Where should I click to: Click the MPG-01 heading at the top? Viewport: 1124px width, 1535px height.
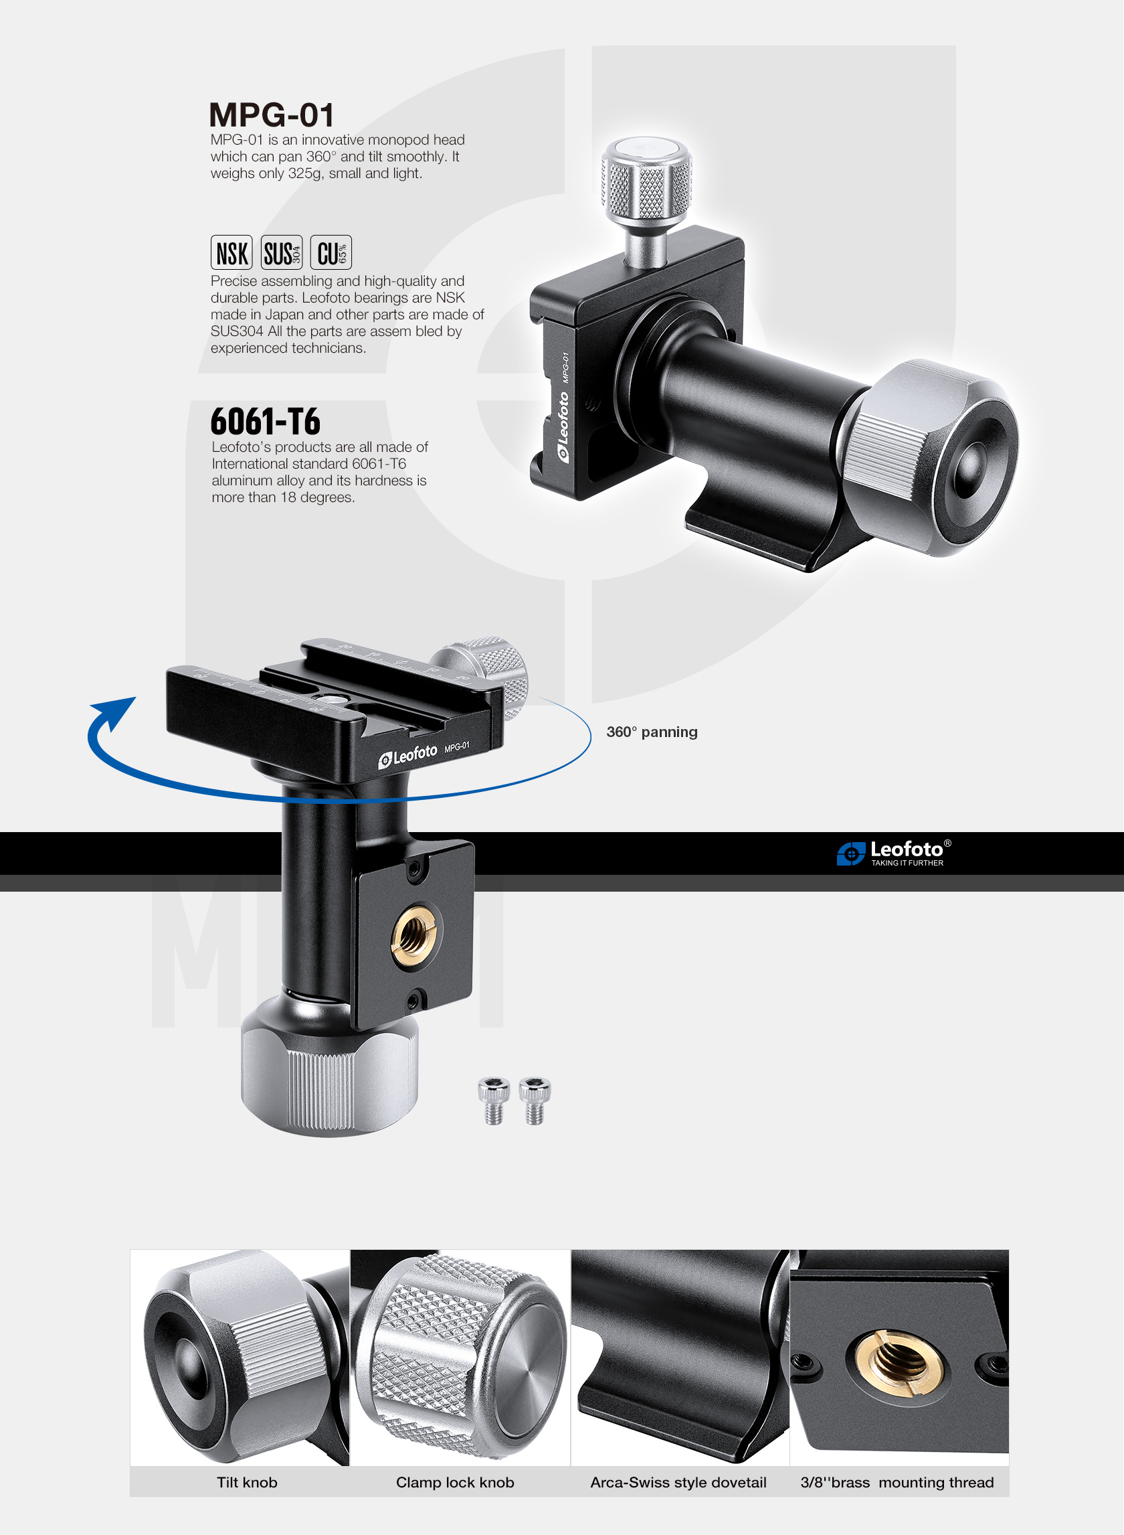[272, 115]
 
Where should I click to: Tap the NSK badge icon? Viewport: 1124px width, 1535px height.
[231, 252]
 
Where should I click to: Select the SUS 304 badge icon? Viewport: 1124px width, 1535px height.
[282, 252]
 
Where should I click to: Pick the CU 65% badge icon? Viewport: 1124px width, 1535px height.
[331, 252]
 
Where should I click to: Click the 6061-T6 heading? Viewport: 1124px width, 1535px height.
[266, 421]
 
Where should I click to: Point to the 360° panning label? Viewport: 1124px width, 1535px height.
[652, 732]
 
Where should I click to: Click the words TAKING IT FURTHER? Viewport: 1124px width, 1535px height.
[907, 862]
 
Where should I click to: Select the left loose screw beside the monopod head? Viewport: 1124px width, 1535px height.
[494, 1101]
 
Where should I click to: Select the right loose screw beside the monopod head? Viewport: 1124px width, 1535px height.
[535, 1101]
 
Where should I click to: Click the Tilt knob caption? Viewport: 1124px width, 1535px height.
[247, 1482]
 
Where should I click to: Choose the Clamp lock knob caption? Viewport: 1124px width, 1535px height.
[455, 1482]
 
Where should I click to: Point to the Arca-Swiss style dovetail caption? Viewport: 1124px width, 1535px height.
[678, 1482]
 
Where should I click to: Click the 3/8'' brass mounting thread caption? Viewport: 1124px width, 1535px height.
[897, 1482]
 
